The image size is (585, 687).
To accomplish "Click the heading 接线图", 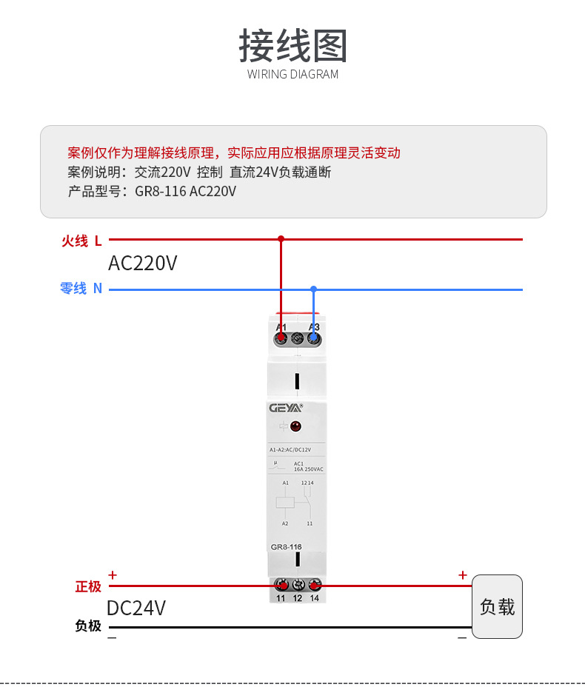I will click(x=292, y=46).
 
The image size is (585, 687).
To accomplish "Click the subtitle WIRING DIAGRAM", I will click(x=292, y=74).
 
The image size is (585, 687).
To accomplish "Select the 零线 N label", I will click(x=81, y=289).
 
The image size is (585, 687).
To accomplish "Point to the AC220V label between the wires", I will click(x=143, y=263).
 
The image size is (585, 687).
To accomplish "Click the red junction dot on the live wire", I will click(x=281, y=239).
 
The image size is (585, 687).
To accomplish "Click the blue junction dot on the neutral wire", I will click(x=314, y=289).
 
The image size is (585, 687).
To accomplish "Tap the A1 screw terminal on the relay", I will click(x=281, y=338).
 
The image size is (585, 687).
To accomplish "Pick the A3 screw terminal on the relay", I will click(x=315, y=338).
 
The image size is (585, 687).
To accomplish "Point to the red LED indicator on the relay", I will click(x=295, y=426).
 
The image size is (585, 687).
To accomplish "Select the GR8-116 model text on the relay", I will click(x=286, y=547).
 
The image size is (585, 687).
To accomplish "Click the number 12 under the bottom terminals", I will click(x=298, y=598).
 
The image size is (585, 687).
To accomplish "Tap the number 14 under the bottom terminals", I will click(x=315, y=598).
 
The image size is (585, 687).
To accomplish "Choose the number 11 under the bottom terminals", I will click(x=281, y=598).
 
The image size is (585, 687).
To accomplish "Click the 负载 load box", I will click(x=497, y=606).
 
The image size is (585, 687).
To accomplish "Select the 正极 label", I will click(x=88, y=586).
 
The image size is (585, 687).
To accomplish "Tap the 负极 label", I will click(x=88, y=626).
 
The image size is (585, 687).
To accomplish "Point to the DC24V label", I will click(x=136, y=608).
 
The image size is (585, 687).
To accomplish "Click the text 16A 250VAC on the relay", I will click(x=308, y=469).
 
